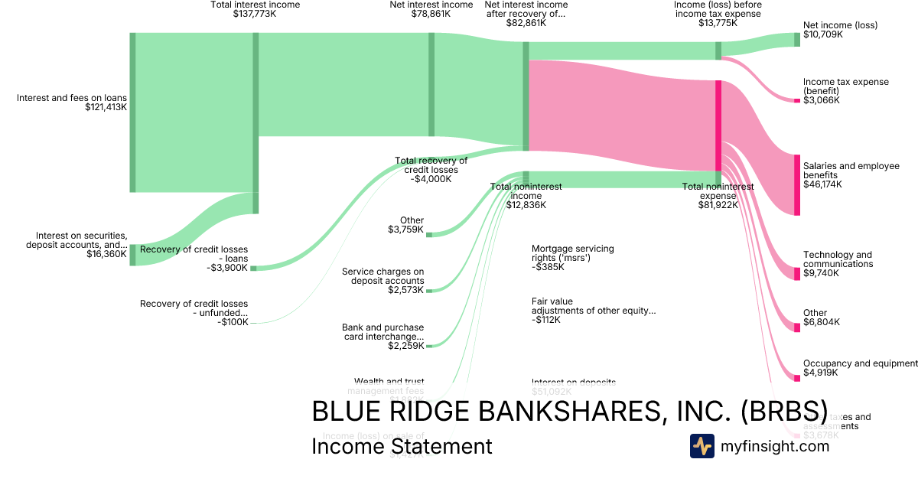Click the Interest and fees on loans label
click(x=72, y=98)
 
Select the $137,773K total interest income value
click(x=255, y=14)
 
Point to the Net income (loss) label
click(x=840, y=25)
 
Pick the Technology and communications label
click(x=837, y=259)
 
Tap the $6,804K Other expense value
click(x=822, y=322)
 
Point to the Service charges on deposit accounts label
click(x=382, y=275)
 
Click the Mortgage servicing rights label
click(x=572, y=253)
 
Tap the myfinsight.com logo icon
click(x=702, y=446)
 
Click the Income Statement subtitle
click(x=402, y=446)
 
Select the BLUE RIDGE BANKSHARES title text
click(x=568, y=411)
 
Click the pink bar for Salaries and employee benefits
click(x=796, y=184)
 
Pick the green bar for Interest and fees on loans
click(x=132, y=112)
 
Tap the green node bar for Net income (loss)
click(x=796, y=40)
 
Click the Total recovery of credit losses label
click(x=431, y=165)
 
